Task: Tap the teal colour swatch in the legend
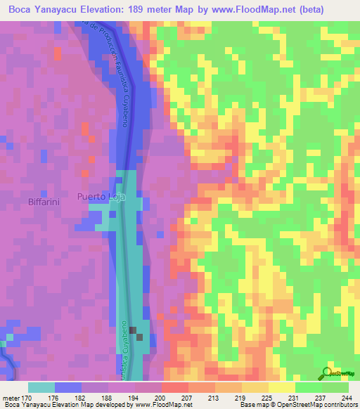pyautogui.click(x=41, y=387)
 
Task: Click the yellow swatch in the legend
pyautogui.click(x=281, y=387)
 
